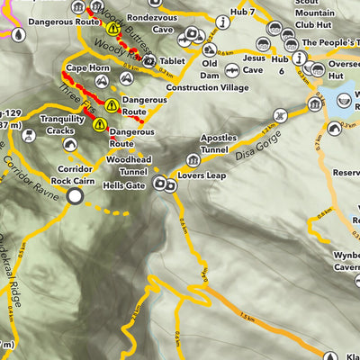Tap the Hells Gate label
click(123, 184)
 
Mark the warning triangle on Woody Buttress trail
click(113, 29)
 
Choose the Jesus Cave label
click(253, 58)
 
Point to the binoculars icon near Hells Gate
click(164, 184)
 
